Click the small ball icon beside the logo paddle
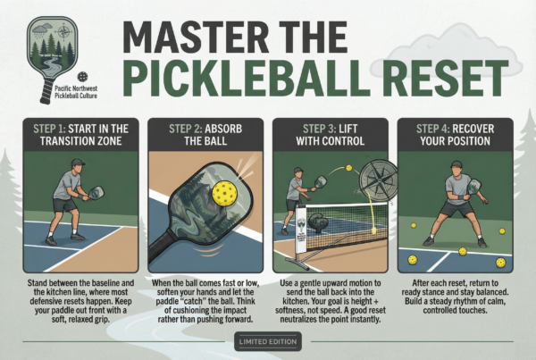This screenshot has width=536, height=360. click(x=82, y=77)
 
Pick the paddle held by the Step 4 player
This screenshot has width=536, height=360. click(x=474, y=187)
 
